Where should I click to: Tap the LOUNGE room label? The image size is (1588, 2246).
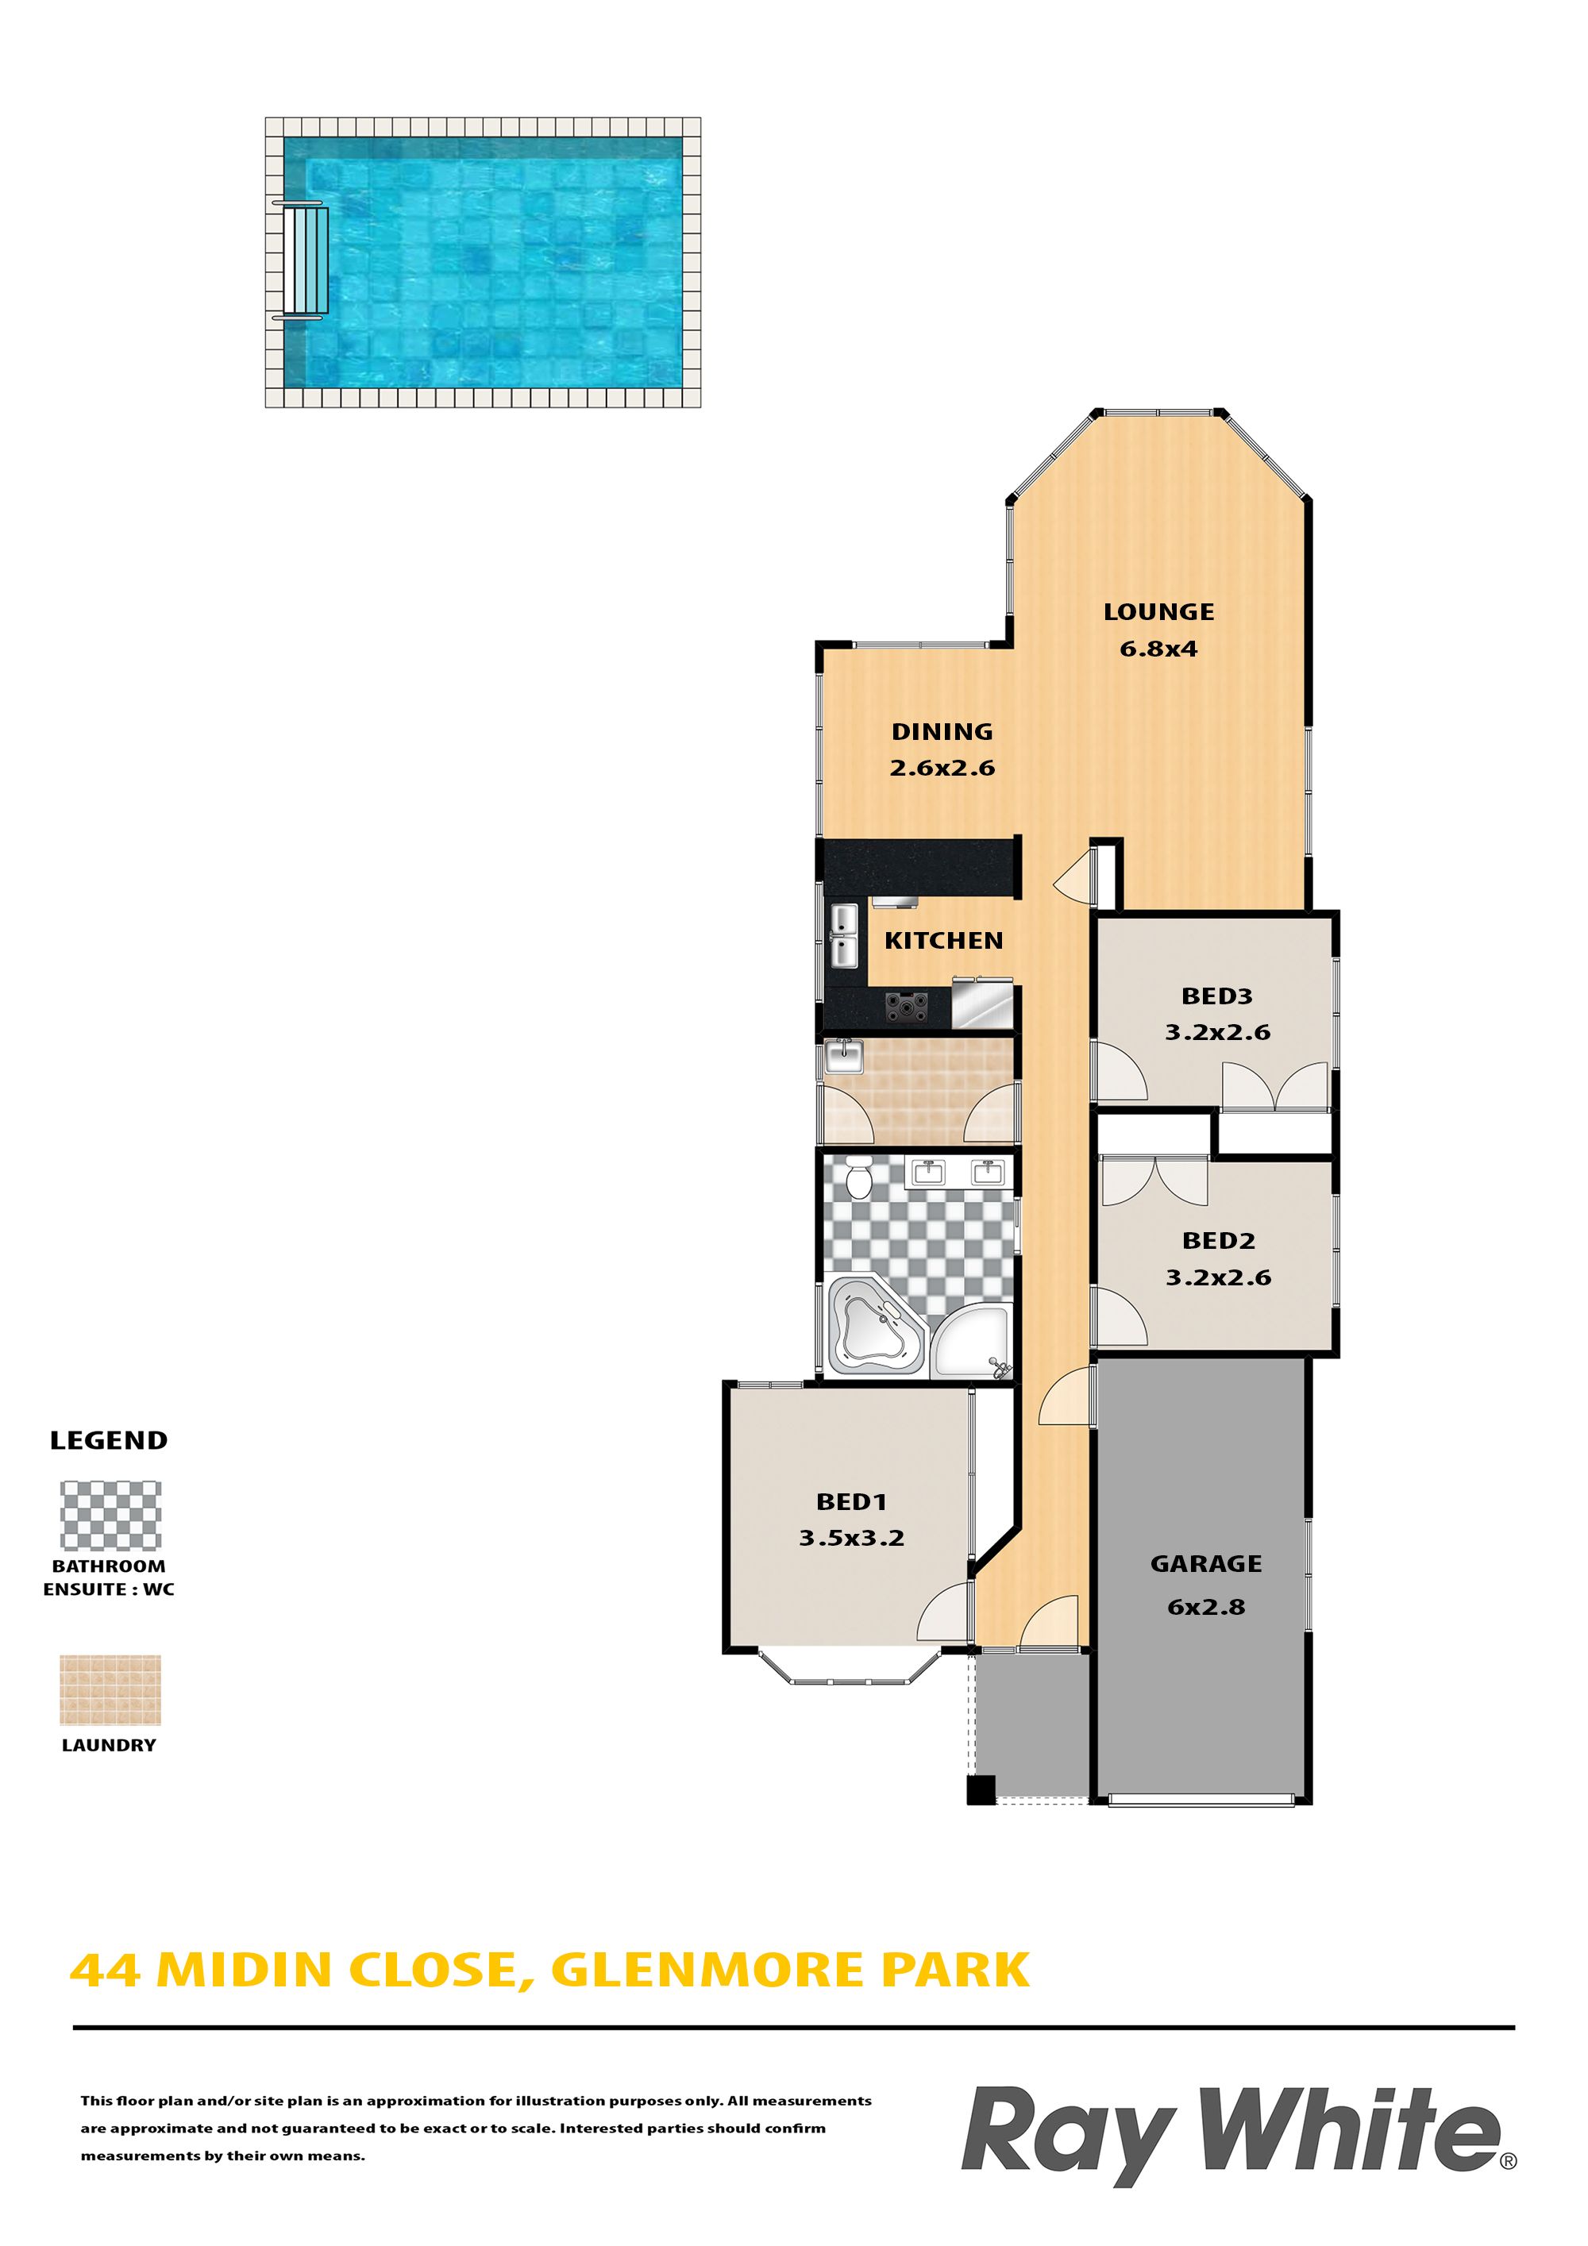tap(1158, 612)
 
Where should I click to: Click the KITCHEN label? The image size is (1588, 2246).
tap(943, 941)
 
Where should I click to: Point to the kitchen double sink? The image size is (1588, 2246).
tap(844, 935)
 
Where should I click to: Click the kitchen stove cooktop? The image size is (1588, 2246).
tap(906, 1007)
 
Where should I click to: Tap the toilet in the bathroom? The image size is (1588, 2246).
tap(858, 1178)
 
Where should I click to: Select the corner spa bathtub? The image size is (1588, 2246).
tap(875, 1326)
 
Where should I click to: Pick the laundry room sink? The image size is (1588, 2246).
tap(843, 1057)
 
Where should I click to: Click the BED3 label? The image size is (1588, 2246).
tap(1216, 997)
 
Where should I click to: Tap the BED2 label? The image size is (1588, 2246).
tap(1217, 1240)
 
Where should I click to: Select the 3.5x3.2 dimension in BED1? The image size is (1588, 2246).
tap(851, 1538)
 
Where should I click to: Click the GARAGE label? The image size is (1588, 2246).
tap(1205, 1564)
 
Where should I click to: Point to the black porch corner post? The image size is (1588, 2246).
tap(981, 1789)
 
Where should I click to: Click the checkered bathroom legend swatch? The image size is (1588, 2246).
tap(110, 1516)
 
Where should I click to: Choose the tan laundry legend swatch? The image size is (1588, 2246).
tap(110, 1689)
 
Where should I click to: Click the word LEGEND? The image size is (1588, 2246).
tap(109, 1440)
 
